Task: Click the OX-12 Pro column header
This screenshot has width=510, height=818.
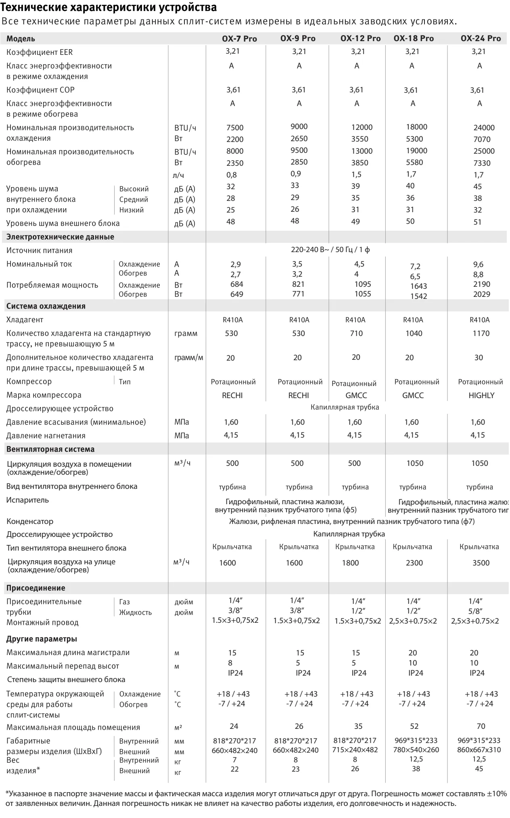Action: [360, 38]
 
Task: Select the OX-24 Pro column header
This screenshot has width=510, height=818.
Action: [481, 38]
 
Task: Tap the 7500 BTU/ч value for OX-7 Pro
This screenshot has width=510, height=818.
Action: [235, 127]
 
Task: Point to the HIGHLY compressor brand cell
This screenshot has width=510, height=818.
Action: [481, 395]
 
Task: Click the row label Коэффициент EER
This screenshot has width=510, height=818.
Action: [40, 52]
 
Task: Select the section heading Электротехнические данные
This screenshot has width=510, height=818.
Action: [60, 237]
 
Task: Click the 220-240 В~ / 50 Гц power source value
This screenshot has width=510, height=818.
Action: [330, 250]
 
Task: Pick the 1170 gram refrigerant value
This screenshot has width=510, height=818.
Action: [481, 333]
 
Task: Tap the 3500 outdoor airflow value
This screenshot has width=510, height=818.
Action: [481, 563]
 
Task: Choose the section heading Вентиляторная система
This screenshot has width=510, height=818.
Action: [50, 449]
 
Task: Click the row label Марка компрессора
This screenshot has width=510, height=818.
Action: [44, 395]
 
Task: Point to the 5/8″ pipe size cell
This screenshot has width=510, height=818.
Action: [475, 611]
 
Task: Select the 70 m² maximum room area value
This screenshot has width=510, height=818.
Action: [481, 726]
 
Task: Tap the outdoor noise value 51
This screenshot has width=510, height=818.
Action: [477, 222]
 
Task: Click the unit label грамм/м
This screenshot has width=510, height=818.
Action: [188, 358]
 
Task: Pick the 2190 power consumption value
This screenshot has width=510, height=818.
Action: [481, 284]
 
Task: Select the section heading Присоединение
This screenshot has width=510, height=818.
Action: [36, 588]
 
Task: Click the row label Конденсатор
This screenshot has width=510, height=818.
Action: [30, 521]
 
